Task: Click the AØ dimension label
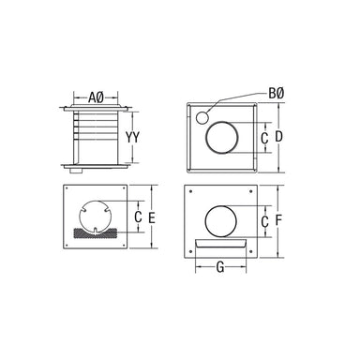pos(96,97)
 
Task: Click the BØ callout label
pos(277,93)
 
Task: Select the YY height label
pos(132,137)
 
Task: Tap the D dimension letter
pos(278,137)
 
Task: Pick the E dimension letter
pos(152,217)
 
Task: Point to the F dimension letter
pos(278,220)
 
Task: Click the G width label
pos(220,267)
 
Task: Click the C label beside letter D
pos(264,138)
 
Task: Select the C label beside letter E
pos(138,217)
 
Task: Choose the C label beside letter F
pos(264,221)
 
